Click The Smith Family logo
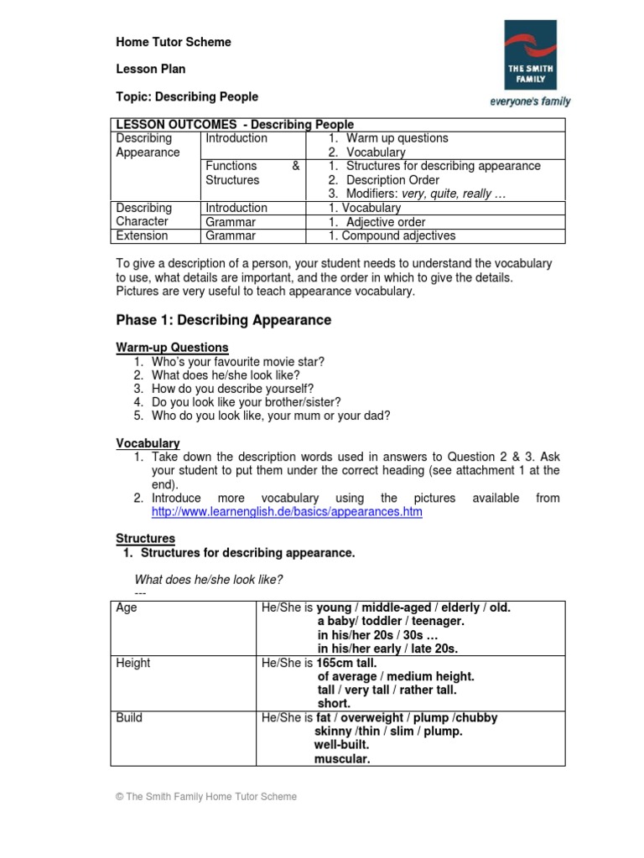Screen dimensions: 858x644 click(529, 55)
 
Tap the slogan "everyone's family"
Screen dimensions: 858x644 click(530, 101)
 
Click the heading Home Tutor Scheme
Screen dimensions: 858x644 click(174, 42)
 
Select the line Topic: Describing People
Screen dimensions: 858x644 click(187, 96)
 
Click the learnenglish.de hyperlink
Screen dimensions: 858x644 click(287, 511)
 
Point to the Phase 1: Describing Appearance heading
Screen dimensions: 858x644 click(223, 320)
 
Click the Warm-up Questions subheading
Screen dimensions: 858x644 click(172, 347)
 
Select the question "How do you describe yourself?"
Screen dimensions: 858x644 click(233, 389)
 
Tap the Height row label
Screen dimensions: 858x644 click(133, 663)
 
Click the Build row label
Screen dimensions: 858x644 click(129, 717)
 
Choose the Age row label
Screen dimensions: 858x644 click(127, 607)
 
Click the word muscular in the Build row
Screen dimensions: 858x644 click(342, 759)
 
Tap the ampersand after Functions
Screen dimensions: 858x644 click(295, 166)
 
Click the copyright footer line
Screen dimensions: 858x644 click(206, 797)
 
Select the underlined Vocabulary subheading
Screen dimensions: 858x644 click(148, 443)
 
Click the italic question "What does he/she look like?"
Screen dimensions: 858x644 click(209, 580)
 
